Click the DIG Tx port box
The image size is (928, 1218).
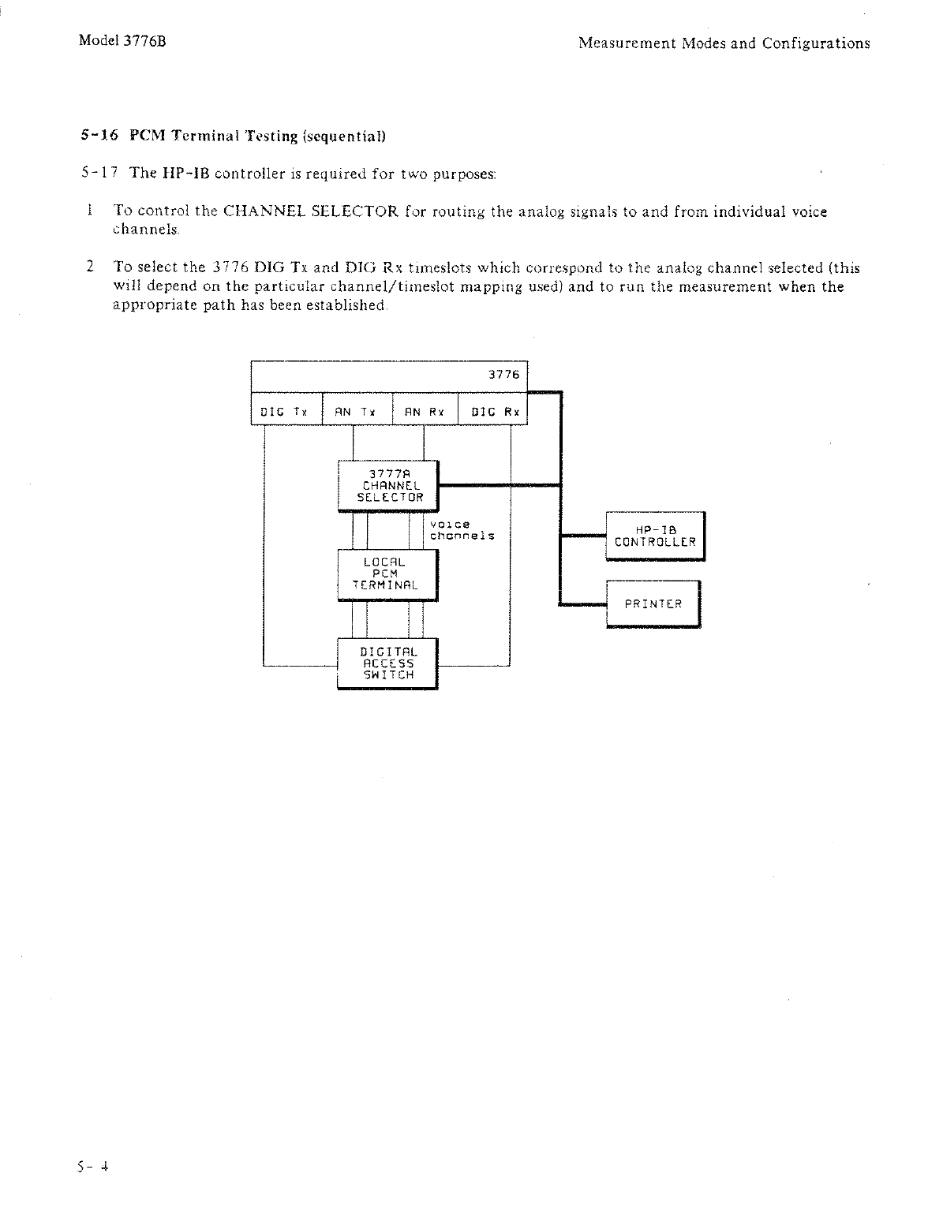coord(286,409)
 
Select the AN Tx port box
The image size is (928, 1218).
coord(357,409)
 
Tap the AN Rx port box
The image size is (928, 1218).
coord(425,409)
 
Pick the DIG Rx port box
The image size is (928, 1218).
coord(492,409)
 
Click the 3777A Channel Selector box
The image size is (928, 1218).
coord(387,485)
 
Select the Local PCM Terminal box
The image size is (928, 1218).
coord(387,574)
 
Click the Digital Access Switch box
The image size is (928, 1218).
coord(387,663)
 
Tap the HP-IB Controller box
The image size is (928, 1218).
coord(654,536)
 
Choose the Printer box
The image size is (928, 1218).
coord(653,603)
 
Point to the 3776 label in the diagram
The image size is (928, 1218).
coord(503,375)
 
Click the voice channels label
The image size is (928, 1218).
coord(462,530)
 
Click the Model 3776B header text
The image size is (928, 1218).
coord(122,43)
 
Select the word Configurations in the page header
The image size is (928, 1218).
coord(816,43)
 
